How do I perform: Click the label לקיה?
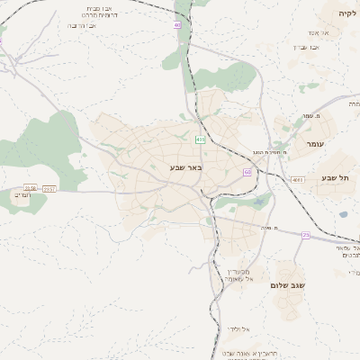pyautogui.click(x=346, y=14)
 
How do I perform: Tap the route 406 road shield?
pyautogui.click(x=200, y=139)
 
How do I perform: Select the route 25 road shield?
pyautogui.click(x=305, y=235)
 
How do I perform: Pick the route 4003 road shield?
pyautogui.click(x=297, y=180)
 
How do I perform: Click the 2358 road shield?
pyautogui.click(x=31, y=188)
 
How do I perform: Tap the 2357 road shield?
pyautogui.click(x=49, y=188)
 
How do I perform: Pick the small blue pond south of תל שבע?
pyautogui.click(x=342, y=214)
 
